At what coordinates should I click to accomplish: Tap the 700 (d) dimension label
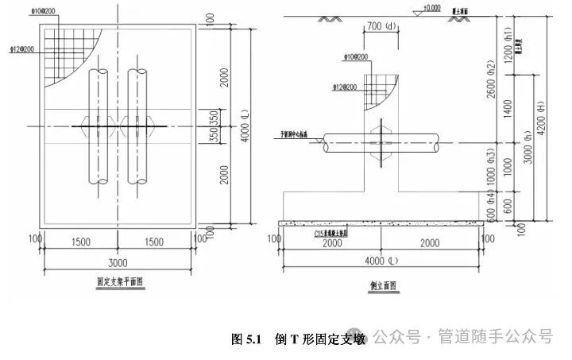pos(381,26)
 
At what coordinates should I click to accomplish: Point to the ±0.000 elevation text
pos(431,8)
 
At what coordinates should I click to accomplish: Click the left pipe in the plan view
pos(99,127)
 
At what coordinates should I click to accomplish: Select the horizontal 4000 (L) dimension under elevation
pos(381,261)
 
